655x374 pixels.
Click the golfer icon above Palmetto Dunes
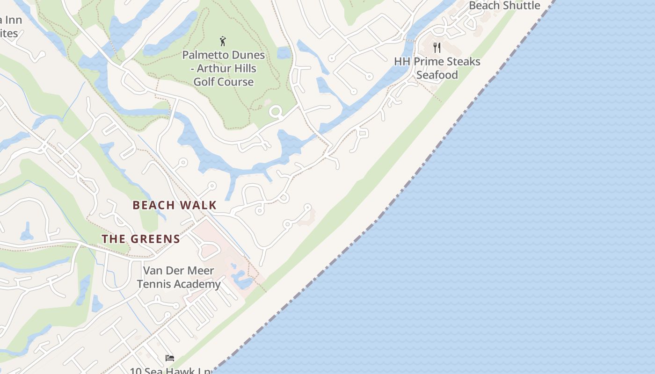coord(223,41)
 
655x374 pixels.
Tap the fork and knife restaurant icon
coord(437,47)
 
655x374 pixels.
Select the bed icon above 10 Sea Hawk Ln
coord(170,358)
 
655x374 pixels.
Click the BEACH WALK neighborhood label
coord(175,205)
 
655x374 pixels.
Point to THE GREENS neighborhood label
coord(141,239)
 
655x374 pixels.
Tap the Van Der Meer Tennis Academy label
coord(179,277)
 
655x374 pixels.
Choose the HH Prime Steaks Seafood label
coord(437,68)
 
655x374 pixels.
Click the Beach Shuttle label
coord(504,6)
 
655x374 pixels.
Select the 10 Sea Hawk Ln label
coord(170,371)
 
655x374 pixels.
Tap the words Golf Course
coord(224,82)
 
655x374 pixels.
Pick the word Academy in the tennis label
coord(202,284)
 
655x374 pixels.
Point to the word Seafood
coord(437,75)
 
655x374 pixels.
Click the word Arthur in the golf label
coord(213,68)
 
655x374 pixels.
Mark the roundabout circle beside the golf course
coord(276,112)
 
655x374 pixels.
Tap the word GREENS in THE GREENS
coord(155,239)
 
